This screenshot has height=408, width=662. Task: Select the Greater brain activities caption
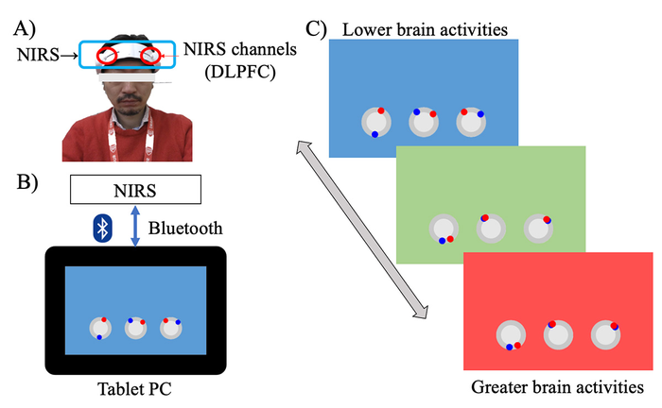tap(557, 388)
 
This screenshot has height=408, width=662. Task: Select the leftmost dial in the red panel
tap(512, 336)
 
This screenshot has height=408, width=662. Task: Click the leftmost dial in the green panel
tap(443, 229)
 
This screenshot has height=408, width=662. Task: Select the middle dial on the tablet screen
tap(135, 328)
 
